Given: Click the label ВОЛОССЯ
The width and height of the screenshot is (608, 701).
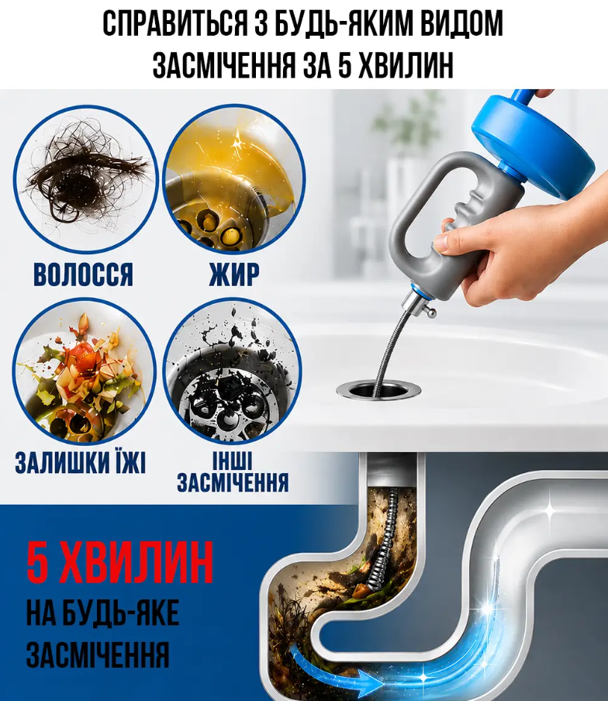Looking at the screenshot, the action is (x=84, y=274).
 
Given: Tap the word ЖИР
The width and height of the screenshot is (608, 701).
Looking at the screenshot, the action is (x=234, y=274).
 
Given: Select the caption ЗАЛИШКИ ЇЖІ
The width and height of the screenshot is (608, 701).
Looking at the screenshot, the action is (x=81, y=462).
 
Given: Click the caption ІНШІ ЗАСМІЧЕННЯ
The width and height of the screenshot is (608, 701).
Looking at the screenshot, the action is (x=233, y=472).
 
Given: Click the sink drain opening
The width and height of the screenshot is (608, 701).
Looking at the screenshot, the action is (x=378, y=389).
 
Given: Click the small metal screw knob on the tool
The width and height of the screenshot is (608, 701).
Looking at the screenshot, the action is (x=430, y=313).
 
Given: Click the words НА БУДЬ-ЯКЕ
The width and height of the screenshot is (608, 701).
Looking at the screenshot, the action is (x=103, y=613).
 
